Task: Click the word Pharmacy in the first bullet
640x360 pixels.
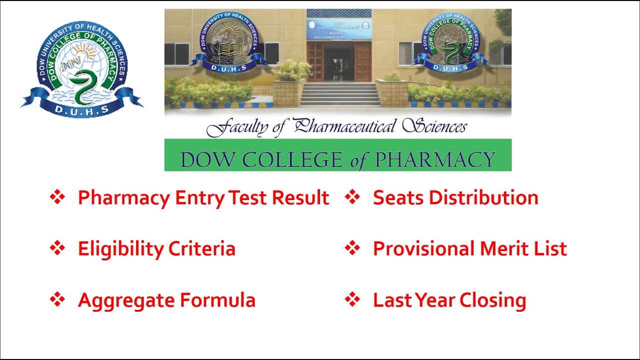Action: click(123, 198)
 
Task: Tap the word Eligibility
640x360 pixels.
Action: click(120, 249)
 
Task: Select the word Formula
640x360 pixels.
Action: click(217, 300)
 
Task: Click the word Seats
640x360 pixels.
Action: click(398, 198)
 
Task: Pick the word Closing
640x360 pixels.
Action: click(492, 301)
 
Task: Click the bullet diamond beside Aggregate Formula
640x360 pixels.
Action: click(57, 300)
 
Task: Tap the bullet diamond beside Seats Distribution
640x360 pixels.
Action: click(352, 197)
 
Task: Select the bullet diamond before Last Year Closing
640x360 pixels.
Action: click(352, 300)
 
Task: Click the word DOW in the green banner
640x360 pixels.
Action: click(202, 160)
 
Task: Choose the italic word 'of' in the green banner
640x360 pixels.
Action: click(358, 160)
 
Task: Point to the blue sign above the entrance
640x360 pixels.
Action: click(339, 29)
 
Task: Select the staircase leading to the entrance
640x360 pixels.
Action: click(340, 94)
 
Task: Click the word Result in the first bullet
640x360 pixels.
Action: click(300, 198)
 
